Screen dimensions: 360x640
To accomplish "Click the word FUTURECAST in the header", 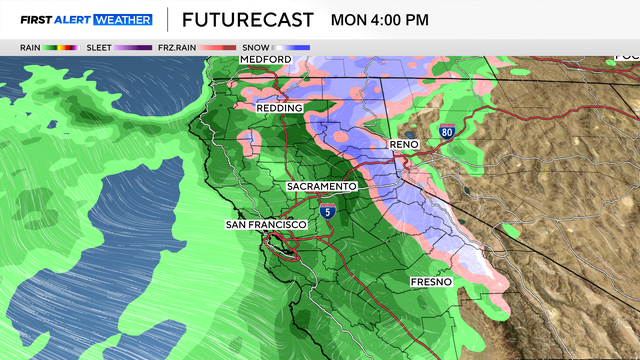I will click(246, 19).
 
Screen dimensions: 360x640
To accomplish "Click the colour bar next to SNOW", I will click(293, 47).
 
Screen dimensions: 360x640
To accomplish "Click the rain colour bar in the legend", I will click(63, 47).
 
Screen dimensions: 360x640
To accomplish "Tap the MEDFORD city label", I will click(265, 60).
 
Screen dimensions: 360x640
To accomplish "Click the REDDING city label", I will click(279, 107).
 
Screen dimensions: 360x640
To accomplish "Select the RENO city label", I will click(403, 145).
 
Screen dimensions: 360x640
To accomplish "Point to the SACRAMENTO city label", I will click(321, 187).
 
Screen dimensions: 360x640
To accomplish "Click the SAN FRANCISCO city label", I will click(264, 224).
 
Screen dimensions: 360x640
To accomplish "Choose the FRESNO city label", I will click(431, 283).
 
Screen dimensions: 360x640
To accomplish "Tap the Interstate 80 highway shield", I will click(447, 132).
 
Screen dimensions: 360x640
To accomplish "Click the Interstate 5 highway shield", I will click(328, 212).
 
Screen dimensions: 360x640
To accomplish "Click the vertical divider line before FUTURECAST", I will click(166, 19).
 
